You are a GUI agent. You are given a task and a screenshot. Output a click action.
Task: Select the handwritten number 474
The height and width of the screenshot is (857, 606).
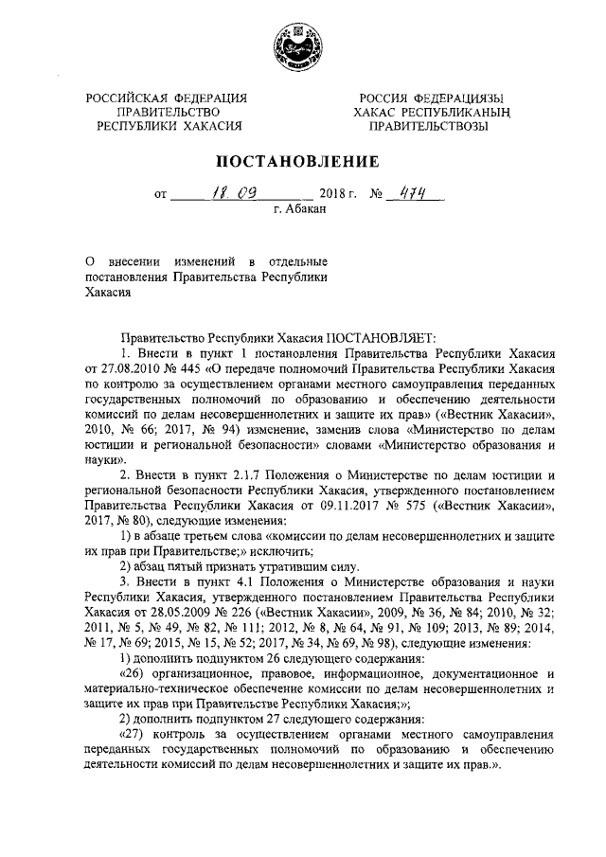[411, 193]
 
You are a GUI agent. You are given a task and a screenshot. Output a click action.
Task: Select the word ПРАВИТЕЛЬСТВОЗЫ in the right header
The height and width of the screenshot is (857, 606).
[435, 125]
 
